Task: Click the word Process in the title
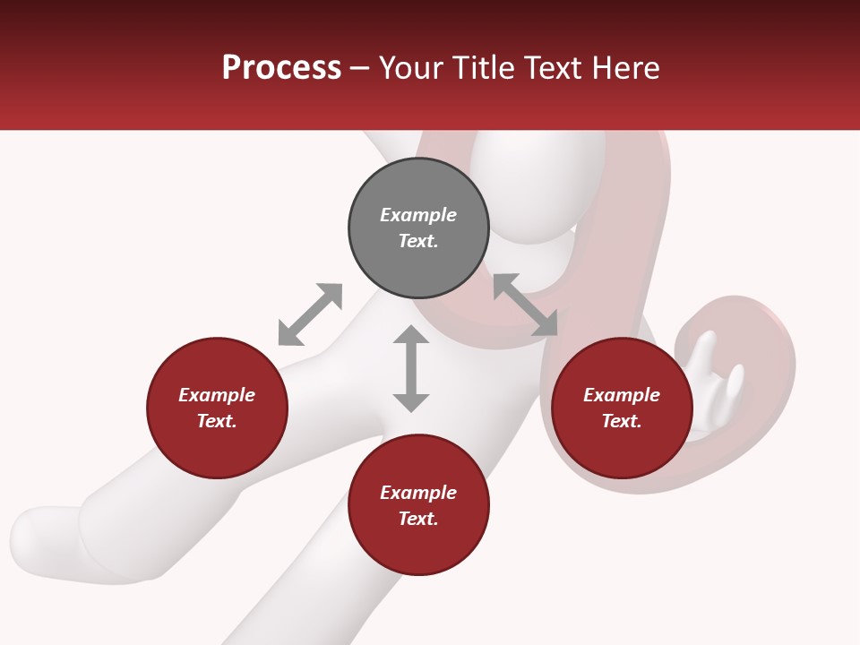click(x=281, y=68)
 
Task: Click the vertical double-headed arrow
click(x=411, y=368)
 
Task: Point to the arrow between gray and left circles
click(x=310, y=314)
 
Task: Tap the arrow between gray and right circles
click(x=526, y=305)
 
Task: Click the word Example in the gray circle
click(x=418, y=215)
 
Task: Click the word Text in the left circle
click(x=217, y=421)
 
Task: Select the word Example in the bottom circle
click(x=418, y=493)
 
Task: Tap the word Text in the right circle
click(x=622, y=421)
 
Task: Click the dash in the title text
click(x=360, y=69)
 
